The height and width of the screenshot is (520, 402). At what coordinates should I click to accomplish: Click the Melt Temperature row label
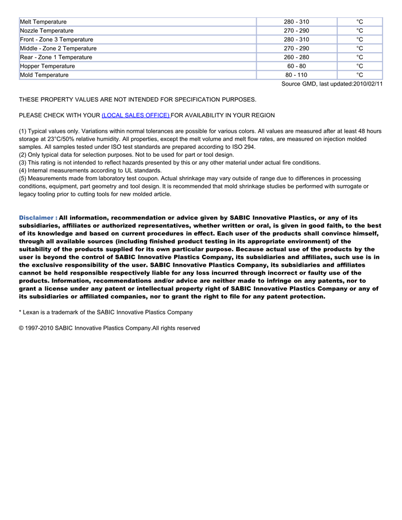43,22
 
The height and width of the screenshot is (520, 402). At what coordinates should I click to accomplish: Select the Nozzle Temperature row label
47,30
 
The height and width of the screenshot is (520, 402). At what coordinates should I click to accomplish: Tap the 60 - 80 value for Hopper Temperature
296,66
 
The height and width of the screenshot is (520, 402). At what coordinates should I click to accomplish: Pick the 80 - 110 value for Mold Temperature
296,75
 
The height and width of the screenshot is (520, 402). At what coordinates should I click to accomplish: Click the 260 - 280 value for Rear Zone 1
296,57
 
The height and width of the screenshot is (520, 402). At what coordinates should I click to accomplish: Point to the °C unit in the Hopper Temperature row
360,66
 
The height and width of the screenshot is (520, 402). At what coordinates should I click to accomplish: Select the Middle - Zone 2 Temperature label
58,48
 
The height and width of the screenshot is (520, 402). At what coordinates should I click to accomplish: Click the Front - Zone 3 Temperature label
56,40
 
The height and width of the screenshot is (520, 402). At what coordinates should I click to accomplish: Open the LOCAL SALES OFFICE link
136,115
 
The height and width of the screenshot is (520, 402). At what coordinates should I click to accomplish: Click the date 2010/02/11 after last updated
368,84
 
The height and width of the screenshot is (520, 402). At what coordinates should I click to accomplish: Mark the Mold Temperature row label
44,75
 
